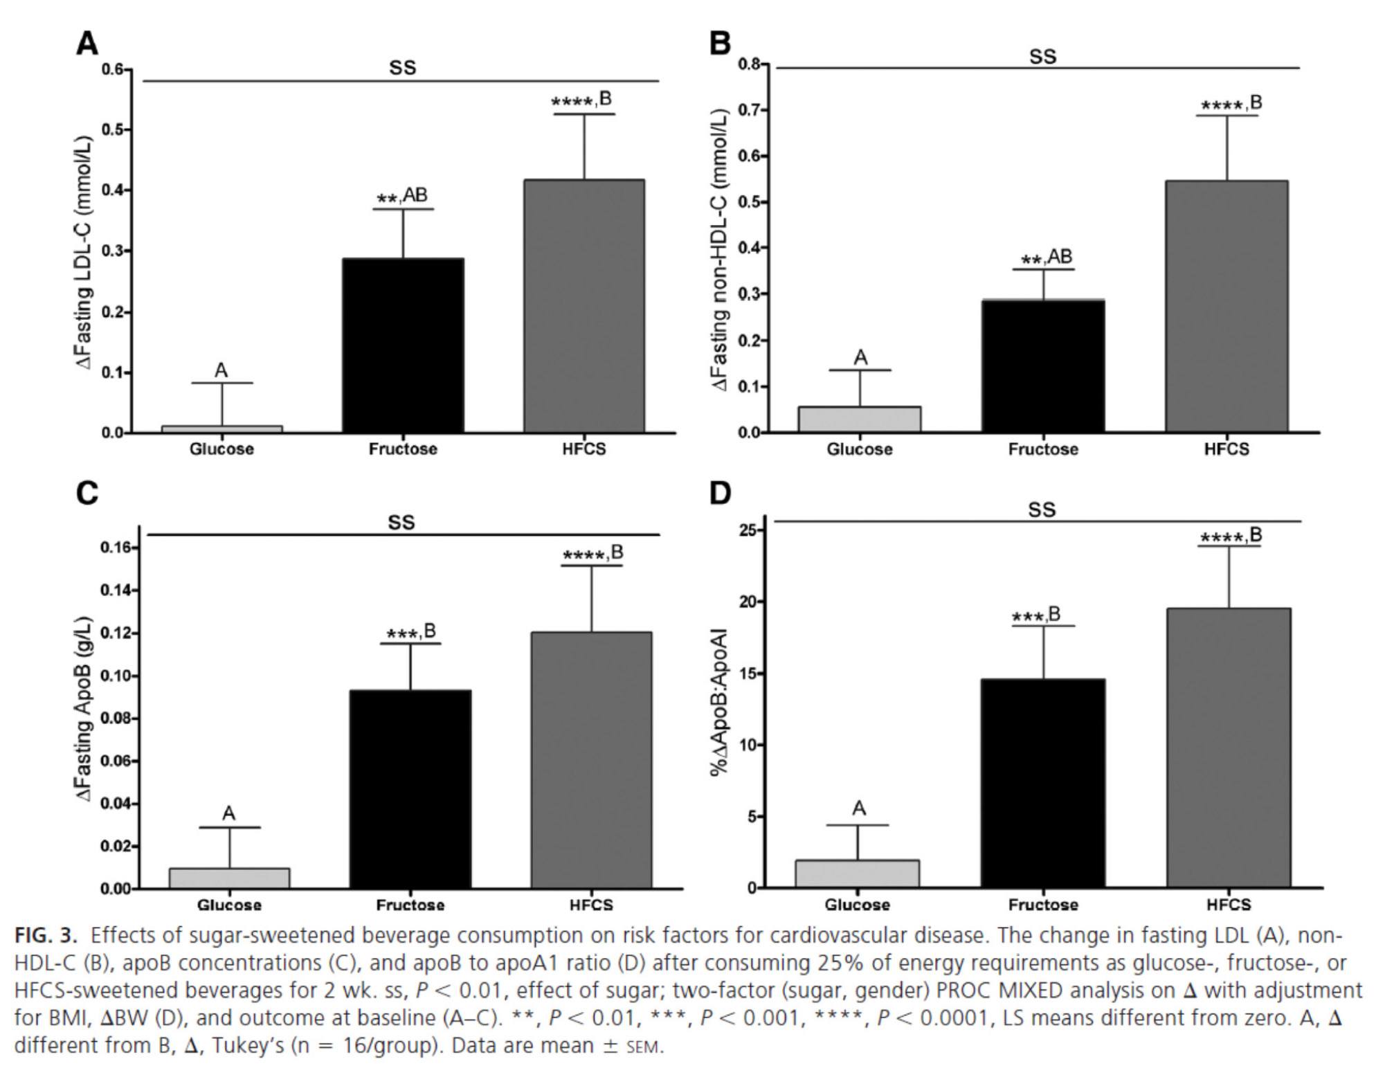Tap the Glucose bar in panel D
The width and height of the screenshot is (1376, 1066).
[x=857, y=874]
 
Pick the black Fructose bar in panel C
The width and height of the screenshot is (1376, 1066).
[x=410, y=789]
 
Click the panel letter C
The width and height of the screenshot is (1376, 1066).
[x=87, y=494]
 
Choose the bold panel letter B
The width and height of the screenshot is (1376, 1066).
[x=720, y=43]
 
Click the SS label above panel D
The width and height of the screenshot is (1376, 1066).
[x=1042, y=510]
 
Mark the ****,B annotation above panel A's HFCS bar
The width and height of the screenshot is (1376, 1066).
[x=581, y=101]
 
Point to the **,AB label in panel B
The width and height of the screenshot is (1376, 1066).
[x=1047, y=259]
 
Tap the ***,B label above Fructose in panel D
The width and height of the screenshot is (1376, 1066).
[x=1036, y=615]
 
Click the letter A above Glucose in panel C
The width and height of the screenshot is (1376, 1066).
[x=229, y=813]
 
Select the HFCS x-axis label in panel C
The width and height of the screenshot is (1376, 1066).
[x=591, y=905]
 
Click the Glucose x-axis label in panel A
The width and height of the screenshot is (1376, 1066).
[x=221, y=449]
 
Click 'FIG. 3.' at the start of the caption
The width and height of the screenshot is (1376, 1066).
[x=46, y=936]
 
